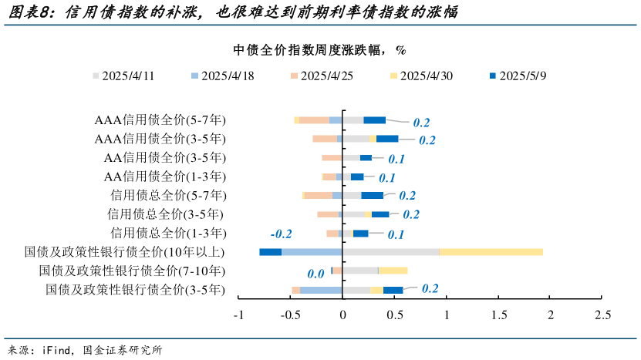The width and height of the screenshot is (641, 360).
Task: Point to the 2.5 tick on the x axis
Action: click(602, 315)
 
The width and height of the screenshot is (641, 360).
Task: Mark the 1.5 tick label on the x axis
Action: click(498, 315)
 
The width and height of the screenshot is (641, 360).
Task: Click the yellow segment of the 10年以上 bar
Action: click(491, 252)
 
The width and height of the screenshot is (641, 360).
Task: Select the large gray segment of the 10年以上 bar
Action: click(390, 252)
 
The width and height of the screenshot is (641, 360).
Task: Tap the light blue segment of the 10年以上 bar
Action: click(312, 252)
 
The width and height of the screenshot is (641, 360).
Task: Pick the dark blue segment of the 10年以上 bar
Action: click(270, 252)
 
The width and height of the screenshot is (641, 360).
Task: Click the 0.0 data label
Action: click(315, 274)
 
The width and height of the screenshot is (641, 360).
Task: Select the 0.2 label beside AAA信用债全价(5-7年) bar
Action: click(421, 123)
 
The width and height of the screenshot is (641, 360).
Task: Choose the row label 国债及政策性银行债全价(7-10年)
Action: click(132, 271)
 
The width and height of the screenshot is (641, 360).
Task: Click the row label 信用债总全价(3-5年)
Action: click(168, 214)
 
